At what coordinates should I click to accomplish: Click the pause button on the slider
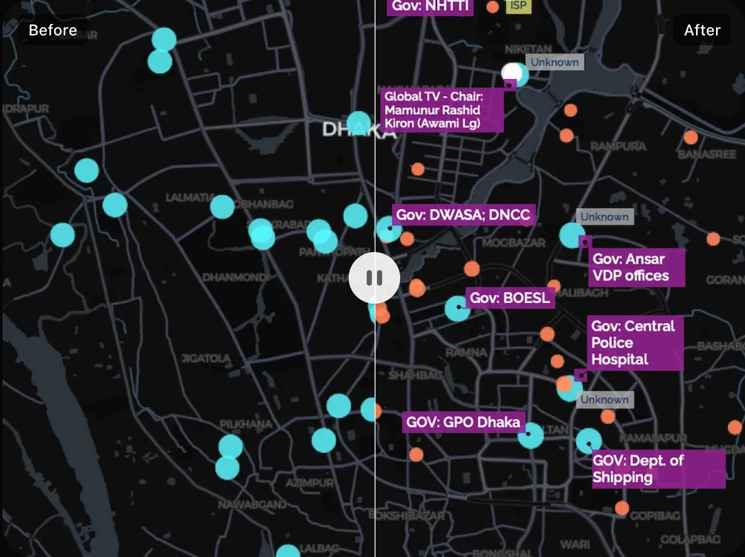tap(374, 278)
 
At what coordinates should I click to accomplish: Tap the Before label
tap(53, 30)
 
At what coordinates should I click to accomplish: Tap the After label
tap(702, 30)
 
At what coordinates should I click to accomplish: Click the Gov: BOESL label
tap(510, 298)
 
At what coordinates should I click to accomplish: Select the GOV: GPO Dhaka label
tap(463, 423)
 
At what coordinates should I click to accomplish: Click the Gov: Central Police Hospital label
tap(634, 343)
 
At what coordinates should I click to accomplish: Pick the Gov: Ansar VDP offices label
tap(636, 268)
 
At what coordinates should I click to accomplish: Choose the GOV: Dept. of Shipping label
tap(657, 469)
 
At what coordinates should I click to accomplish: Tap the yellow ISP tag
tap(518, 6)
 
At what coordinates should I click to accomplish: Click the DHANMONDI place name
tap(231, 277)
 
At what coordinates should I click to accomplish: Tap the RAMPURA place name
tap(618, 146)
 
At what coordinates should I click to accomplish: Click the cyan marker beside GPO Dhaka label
tap(530, 436)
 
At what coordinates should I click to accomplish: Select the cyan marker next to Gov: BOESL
tap(458, 309)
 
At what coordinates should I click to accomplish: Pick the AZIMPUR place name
tap(310, 482)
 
